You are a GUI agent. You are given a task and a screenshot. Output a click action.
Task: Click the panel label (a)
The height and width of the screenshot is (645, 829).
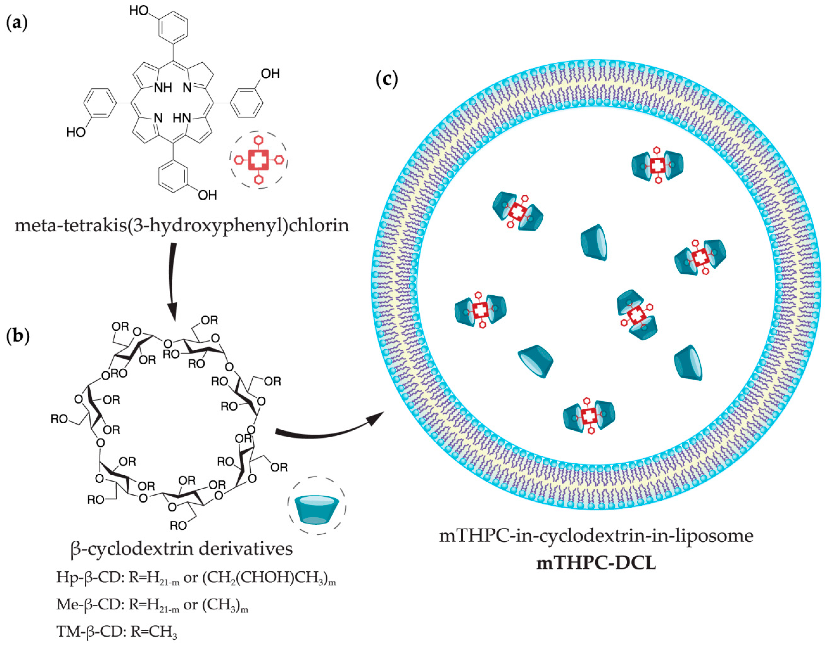pos(17,23)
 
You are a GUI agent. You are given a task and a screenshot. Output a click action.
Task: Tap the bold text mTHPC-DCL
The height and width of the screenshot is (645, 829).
pos(596,563)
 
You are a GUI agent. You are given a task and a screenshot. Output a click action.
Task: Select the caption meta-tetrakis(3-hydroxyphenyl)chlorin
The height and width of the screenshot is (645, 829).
pos(181,226)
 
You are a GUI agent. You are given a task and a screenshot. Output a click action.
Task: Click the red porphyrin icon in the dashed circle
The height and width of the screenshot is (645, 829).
pos(258,160)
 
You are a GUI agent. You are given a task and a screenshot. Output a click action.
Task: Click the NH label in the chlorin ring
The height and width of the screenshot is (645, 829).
pos(163,88)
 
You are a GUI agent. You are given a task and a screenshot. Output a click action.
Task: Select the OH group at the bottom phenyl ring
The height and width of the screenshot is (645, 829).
pos(207,195)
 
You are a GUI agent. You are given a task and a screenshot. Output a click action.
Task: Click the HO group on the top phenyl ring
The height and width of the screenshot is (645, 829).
pos(139,10)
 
